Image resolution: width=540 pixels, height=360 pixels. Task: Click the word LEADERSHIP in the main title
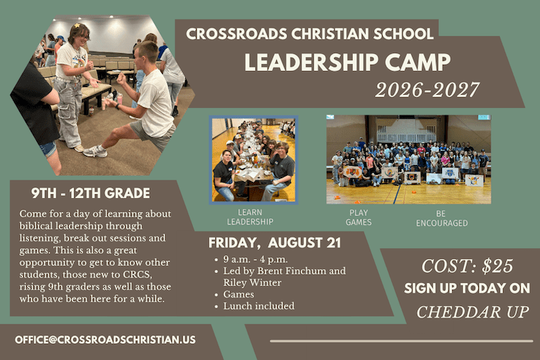click(x=311, y=62)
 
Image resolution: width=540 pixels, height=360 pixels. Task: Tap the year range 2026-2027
click(x=427, y=90)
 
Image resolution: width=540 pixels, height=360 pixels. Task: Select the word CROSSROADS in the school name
click(x=236, y=34)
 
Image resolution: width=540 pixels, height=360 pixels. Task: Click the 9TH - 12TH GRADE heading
click(x=90, y=193)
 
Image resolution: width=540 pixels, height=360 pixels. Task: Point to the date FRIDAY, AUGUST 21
click(x=275, y=243)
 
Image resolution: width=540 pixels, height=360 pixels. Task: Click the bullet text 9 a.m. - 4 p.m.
click(x=255, y=259)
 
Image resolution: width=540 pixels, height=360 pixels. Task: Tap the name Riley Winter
click(x=252, y=283)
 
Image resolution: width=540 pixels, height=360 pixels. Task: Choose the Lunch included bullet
click(x=259, y=306)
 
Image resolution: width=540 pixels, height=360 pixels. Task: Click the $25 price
click(x=498, y=266)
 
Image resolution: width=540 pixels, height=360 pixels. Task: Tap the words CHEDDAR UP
click(x=472, y=312)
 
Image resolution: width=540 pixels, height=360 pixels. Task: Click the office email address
click(x=106, y=340)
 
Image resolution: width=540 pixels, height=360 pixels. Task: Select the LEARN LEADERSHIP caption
click(x=250, y=217)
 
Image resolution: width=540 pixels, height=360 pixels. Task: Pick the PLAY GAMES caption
click(x=359, y=217)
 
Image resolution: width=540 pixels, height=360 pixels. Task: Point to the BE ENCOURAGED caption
click(x=442, y=219)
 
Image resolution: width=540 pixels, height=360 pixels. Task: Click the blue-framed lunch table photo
click(x=254, y=160)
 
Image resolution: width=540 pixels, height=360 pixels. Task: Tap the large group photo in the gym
click(x=409, y=160)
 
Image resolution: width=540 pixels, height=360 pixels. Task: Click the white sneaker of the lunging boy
click(x=95, y=151)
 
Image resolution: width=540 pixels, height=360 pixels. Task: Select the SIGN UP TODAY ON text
click(x=467, y=288)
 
